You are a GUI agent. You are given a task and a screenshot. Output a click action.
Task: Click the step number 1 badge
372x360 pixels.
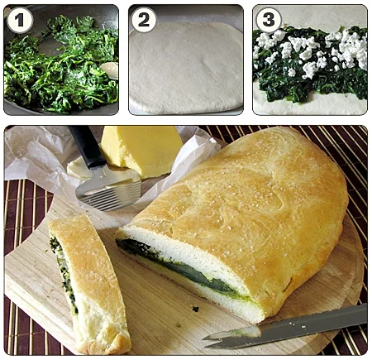[20, 20]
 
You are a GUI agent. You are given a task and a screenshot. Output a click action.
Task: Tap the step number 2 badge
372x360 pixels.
[144, 20]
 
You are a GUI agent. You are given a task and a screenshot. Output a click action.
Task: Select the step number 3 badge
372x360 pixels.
[269, 20]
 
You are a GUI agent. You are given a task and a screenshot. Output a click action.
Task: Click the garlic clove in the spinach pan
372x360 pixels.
[110, 70]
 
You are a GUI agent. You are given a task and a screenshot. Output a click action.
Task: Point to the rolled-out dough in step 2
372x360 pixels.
[186, 68]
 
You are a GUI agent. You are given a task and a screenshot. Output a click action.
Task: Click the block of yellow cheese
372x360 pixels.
[141, 151]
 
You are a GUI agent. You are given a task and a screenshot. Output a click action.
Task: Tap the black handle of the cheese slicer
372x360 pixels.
[87, 146]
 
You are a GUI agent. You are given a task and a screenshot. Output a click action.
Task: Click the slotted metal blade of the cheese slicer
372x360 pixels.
[109, 188]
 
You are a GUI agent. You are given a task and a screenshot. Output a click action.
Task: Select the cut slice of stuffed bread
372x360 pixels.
[89, 284]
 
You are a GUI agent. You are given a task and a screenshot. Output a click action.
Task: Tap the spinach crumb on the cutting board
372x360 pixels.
[196, 309]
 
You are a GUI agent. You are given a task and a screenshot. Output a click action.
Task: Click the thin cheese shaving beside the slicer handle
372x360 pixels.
[79, 169]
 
